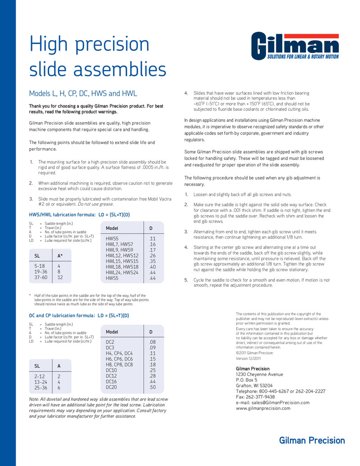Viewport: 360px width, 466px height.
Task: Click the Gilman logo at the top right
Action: pos(295,46)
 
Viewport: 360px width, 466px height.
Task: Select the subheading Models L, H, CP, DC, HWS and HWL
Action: pos(83,94)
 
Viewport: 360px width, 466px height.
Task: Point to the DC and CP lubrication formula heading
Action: pos(79,315)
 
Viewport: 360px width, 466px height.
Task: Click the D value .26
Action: pos(152,256)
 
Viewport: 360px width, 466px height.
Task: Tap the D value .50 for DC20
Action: pos(153,387)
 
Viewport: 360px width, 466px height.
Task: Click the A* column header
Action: pos(60,256)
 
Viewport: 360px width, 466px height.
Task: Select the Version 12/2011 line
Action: pos(248,358)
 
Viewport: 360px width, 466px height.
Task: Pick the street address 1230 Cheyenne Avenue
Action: pos(260,375)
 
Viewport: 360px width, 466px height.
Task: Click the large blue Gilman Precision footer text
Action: pos(312,440)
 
